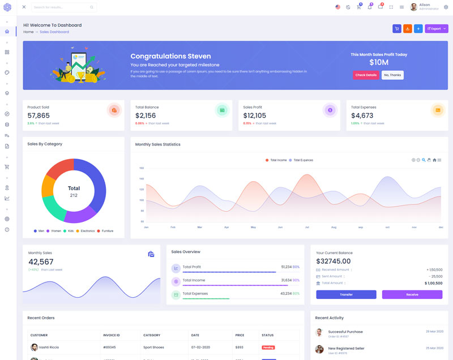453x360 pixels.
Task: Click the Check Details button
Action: pyautogui.click(x=366, y=75)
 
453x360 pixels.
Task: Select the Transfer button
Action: pyautogui.click(x=346, y=294)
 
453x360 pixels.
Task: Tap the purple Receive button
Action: pyautogui.click(x=412, y=294)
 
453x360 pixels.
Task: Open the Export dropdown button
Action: pyautogui.click(x=436, y=28)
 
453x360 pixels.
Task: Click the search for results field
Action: pyautogui.click(x=61, y=7)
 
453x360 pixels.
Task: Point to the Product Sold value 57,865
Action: pyautogui.click(x=39, y=115)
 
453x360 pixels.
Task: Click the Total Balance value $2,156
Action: pyautogui.click(x=146, y=115)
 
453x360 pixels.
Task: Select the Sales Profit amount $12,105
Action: pyautogui.click(x=255, y=115)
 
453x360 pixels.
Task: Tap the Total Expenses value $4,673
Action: pyautogui.click(x=362, y=115)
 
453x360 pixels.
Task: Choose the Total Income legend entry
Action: pyautogui.click(x=278, y=160)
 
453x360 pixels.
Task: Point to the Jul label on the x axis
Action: pyautogui.click(x=307, y=227)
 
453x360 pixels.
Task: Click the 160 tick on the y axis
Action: pyautogui.click(x=142, y=168)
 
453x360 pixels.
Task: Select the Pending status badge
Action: pyautogui.click(x=268, y=347)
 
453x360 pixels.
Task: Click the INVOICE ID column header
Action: pyautogui.click(x=112, y=335)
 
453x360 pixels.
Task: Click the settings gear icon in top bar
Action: pyautogui.click(x=446, y=7)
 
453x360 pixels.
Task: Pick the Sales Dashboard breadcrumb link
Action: pyautogui.click(x=54, y=32)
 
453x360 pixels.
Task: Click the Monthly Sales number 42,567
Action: pyautogui.click(x=41, y=262)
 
